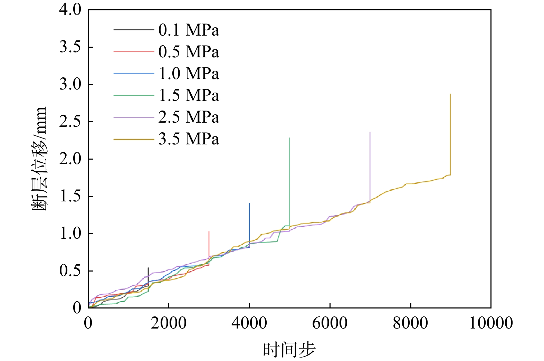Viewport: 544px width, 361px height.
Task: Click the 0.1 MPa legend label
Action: click(189, 30)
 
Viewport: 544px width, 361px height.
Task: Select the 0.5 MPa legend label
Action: click(189, 52)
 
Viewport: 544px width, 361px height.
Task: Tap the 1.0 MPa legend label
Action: click(189, 74)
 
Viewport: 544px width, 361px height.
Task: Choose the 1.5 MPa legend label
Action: click(189, 95)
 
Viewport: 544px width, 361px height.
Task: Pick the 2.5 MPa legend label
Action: click(189, 117)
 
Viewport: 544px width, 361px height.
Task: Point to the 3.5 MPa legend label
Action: click(189, 139)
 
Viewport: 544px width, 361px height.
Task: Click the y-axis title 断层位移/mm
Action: click(39, 159)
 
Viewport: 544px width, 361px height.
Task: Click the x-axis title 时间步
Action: click(289, 350)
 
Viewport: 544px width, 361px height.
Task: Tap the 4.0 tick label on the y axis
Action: click(70, 10)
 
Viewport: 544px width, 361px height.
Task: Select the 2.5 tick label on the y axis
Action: click(70, 122)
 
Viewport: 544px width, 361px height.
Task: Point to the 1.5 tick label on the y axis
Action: click(70, 196)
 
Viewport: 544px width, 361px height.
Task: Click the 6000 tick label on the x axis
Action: click(330, 323)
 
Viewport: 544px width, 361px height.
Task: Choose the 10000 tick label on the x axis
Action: click(490, 323)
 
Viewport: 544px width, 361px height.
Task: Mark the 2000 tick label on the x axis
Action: click(169, 323)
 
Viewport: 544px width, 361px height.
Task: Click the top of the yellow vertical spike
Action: click(450, 94)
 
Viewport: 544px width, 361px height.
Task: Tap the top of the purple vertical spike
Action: click(370, 132)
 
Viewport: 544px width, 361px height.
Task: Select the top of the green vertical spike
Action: click(289, 138)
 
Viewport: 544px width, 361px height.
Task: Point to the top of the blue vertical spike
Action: click(249, 203)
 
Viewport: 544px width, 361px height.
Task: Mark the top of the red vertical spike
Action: click(209, 231)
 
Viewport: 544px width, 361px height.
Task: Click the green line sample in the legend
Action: click(134, 95)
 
